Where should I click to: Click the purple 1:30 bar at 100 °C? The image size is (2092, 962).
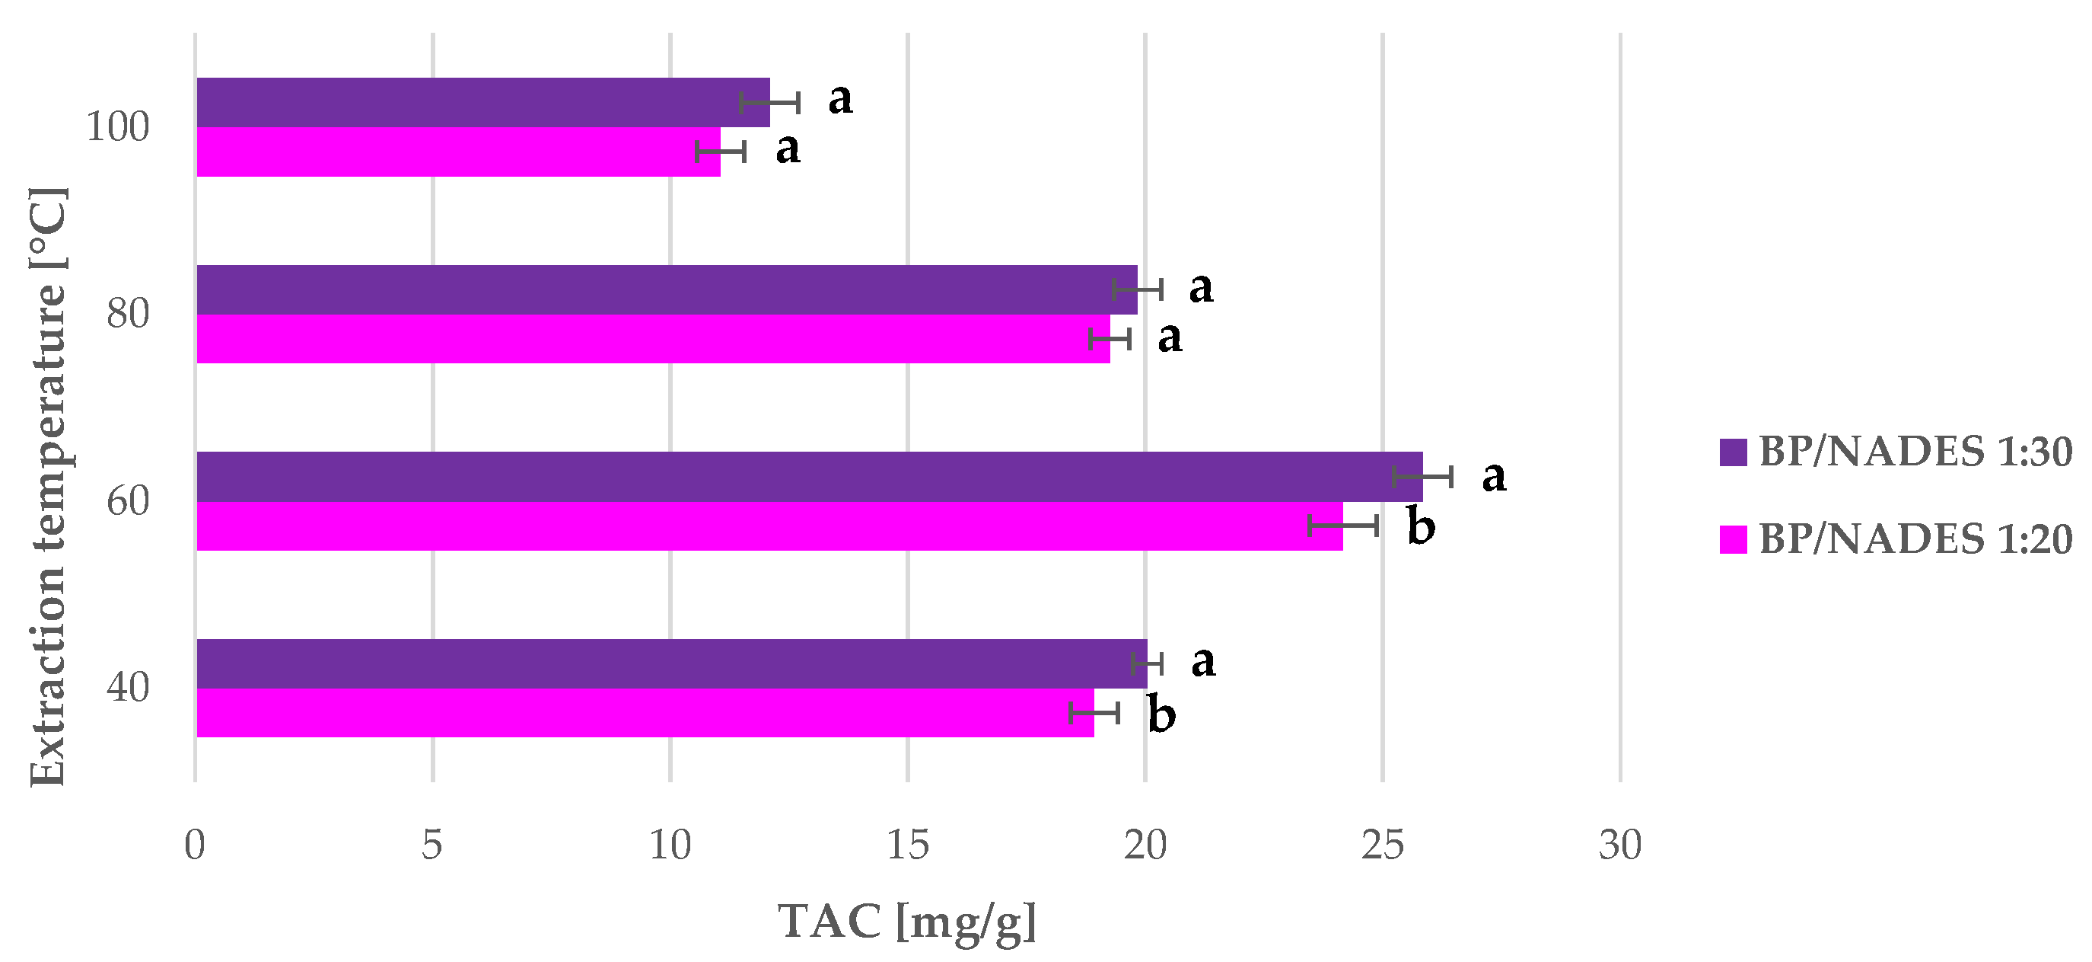click(x=482, y=102)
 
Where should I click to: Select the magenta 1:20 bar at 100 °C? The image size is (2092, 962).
click(x=458, y=152)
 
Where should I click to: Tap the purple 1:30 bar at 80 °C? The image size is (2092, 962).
click(x=666, y=289)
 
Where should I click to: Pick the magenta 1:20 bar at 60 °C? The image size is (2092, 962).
click(x=769, y=526)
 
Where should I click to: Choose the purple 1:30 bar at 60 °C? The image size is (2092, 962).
click(x=809, y=477)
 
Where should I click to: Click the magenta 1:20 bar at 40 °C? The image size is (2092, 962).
click(x=645, y=713)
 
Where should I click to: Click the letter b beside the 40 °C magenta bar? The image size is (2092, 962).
click(x=1161, y=714)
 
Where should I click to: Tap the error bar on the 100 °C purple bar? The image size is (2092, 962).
click(x=770, y=103)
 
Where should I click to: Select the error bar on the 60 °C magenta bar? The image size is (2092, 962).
click(x=1342, y=526)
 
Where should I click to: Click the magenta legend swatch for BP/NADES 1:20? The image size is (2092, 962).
click(x=1732, y=540)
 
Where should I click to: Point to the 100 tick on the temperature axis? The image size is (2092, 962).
click(x=118, y=127)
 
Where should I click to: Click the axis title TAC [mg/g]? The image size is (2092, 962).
click(x=907, y=922)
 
